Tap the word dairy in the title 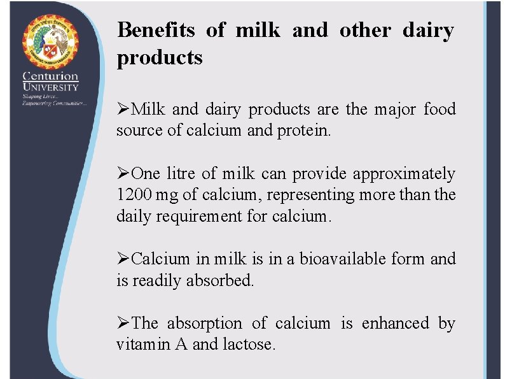[x=428, y=30]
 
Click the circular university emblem [x=50, y=41]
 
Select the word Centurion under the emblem [x=50, y=76]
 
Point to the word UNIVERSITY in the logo [x=50, y=87]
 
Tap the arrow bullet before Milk [x=123, y=110]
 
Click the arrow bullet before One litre [x=123, y=174]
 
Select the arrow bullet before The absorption [x=123, y=324]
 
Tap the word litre [x=184, y=174]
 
